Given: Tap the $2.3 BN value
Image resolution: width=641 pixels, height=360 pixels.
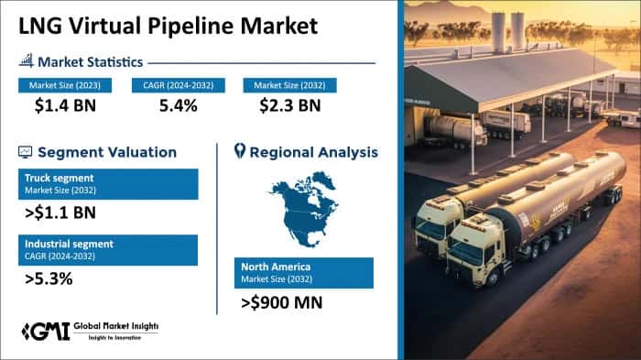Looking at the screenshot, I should (x=288, y=105).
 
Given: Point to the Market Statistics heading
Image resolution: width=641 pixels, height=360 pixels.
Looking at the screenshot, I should (x=90, y=62).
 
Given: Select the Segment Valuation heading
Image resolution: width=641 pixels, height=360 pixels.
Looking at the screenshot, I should (x=107, y=151).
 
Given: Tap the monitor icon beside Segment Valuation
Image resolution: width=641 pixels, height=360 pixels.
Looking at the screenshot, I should (x=25, y=151).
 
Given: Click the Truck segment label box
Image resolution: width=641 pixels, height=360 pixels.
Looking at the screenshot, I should (x=107, y=183).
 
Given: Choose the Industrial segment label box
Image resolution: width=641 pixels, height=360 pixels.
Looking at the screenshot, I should (x=107, y=250).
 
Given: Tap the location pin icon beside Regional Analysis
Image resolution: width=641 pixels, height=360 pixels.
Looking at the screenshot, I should (x=240, y=150).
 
